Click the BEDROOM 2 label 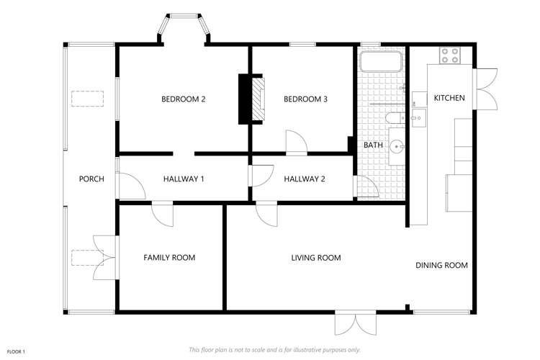tap(184, 99)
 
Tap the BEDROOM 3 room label tap(305, 99)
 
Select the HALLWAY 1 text tap(184, 179)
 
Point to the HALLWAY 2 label tap(304, 179)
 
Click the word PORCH tap(91, 179)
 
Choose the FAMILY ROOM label tap(169, 257)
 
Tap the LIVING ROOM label tap(315, 257)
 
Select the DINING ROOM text tap(441, 265)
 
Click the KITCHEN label tap(449, 98)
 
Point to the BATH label tap(373, 145)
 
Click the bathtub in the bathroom tap(381, 61)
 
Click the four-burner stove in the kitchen tap(450, 55)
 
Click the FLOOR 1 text tap(15, 351)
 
